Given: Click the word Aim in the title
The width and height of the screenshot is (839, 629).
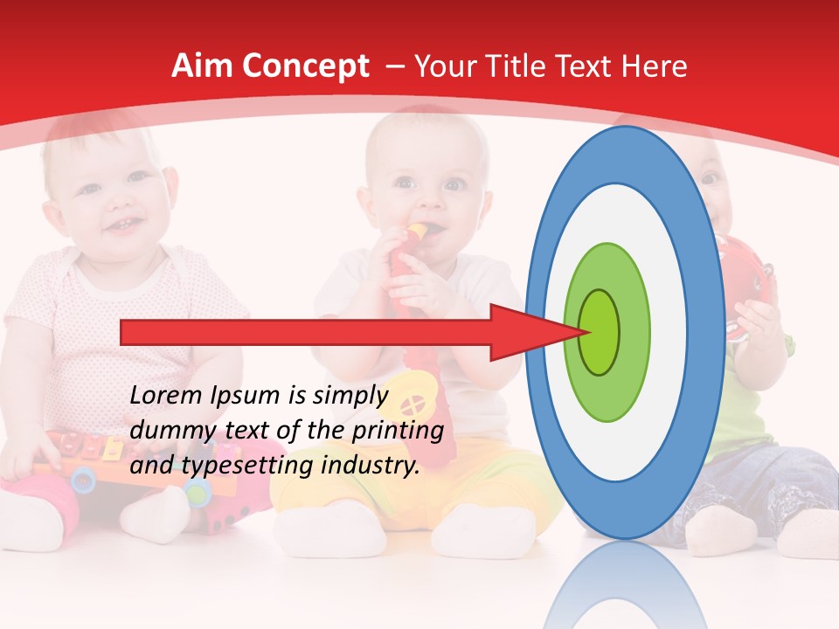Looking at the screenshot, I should coord(202,66).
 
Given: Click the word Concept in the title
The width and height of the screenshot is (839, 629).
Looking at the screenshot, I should coord(305,67).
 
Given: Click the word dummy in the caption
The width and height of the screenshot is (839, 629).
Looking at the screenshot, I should coord(167,431).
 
